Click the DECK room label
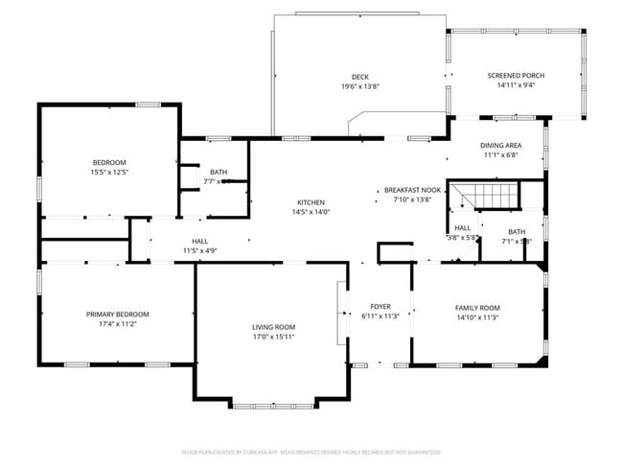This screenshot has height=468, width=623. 360,77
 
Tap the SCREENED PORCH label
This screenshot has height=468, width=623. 516,76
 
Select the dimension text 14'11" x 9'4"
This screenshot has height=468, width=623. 516,85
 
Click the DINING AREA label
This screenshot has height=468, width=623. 499,146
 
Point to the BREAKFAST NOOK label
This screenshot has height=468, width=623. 413,190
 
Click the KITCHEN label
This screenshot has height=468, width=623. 311,202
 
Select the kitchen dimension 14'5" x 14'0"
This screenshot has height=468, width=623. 311,212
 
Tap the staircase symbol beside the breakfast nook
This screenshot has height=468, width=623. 483,195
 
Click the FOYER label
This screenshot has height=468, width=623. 381,307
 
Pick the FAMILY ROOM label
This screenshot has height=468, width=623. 477,307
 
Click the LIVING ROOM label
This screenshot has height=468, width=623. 273,327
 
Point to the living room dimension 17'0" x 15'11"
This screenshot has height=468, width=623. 273,337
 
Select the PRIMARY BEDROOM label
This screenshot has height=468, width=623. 118,315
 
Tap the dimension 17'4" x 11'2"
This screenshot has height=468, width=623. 118,324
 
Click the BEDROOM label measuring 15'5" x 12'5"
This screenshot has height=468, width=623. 109,162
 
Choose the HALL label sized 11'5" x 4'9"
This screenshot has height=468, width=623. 200,242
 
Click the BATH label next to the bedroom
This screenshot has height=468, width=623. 219,172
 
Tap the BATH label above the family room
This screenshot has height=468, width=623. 517,231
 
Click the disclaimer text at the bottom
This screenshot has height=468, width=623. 311,452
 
